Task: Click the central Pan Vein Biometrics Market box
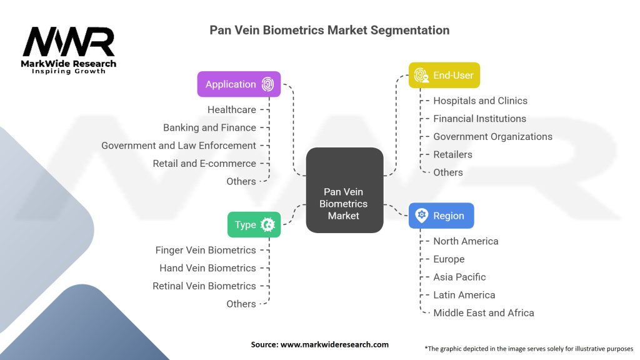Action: pyautogui.click(x=344, y=191)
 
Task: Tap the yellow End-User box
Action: pyautogui.click(x=444, y=75)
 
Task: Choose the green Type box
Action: pyautogui.click(x=254, y=224)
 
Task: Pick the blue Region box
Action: pyautogui.click(x=441, y=216)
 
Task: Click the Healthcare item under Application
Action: pyautogui.click(x=231, y=109)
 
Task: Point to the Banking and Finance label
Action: pyautogui.click(x=209, y=127)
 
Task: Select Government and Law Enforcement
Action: pyautogui.click(x=179, y=146)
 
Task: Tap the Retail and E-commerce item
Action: pyautogui.click(x=204, y=163)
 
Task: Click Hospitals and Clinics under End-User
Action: pyautogui.click(x=480, y=101)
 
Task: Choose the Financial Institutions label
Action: pyautogui.click(x=479, y=119)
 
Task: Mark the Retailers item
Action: pyautogui.click(x=452, y=154)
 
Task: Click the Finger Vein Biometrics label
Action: pyautogui.click(x=206, y=250)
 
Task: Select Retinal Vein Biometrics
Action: pyautogui.click(x=204, y=286)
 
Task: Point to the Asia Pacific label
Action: pyautogui.click(x=459, y=277)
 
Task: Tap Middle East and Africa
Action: pyautogui.click(x=484, y=312)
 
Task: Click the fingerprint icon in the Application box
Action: pyautogui.click(x=267, y=84)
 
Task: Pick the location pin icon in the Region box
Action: pyautogui.click(x=422, y=216)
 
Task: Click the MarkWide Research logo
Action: pyautogui.click(x=69, y=50)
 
